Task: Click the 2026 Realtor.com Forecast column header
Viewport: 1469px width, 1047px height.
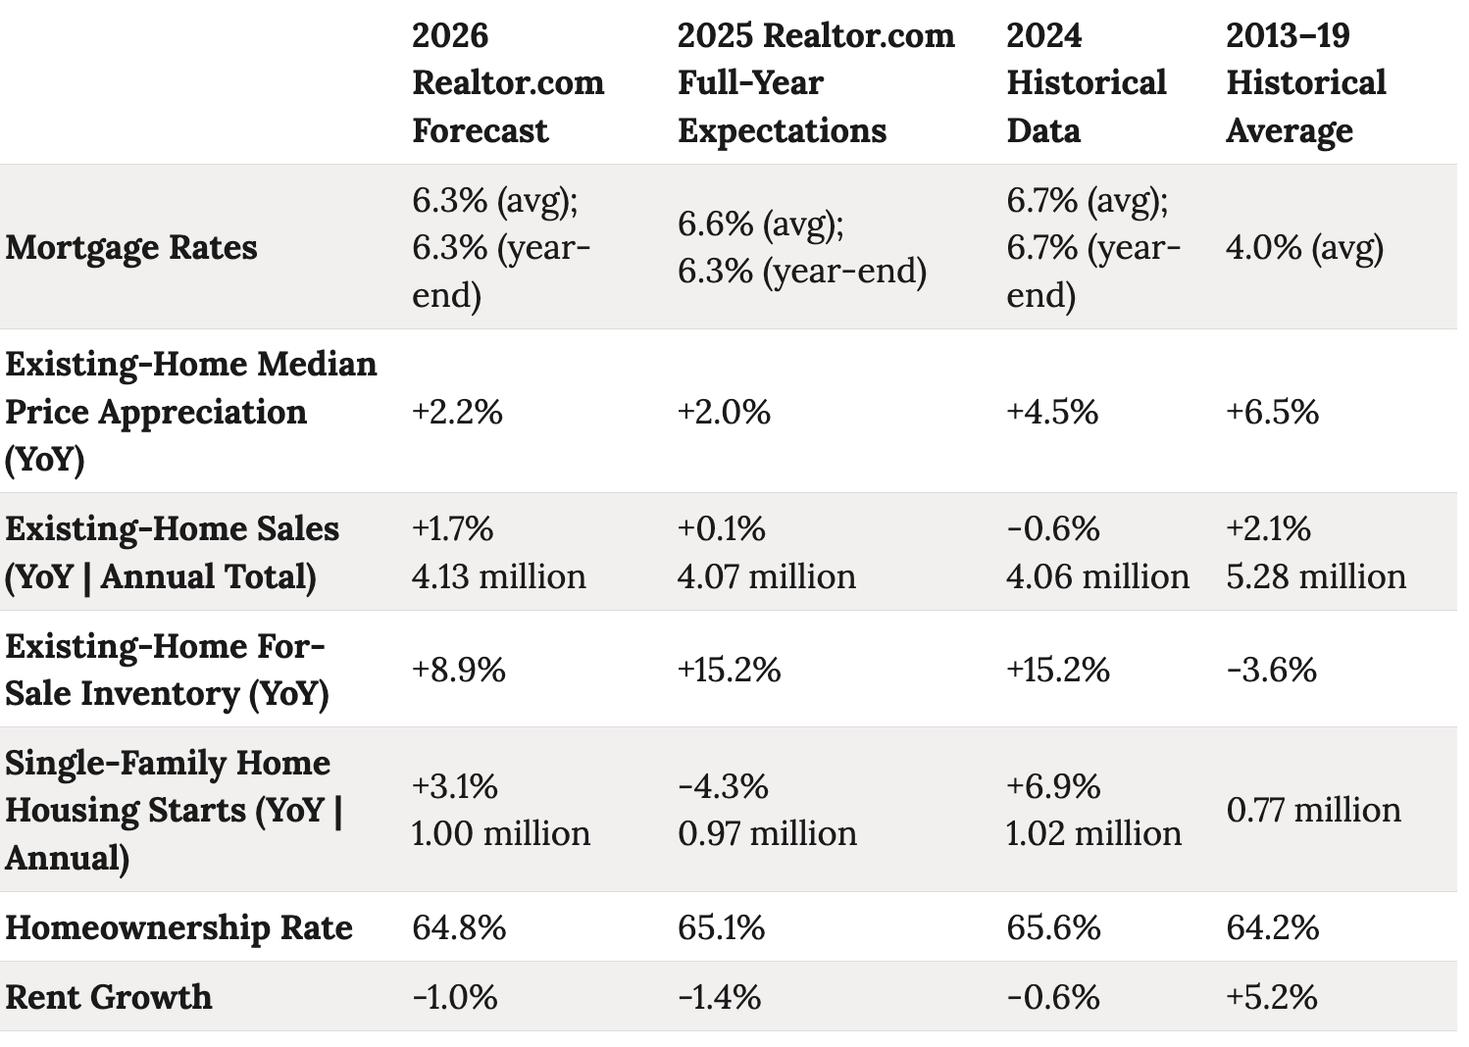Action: (x=508, y=83)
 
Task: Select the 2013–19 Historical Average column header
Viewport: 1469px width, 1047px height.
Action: (x=1305, y=83)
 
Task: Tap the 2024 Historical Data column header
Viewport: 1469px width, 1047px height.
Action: (x=1086, y=83)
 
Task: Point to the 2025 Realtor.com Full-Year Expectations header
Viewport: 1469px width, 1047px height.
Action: (x=815, y=83)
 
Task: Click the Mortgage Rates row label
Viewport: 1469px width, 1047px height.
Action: (x=131, y=247)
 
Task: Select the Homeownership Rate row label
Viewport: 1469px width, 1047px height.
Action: (x=178, y=927)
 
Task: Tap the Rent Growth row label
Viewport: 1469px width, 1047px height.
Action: (x=109, y=997)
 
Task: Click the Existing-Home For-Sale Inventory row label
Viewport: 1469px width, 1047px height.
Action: (x=167, y=670)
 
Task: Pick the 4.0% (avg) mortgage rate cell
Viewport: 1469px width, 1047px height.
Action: (x=1304, y=247)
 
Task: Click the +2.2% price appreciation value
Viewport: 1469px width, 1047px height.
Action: (x=457, y=412)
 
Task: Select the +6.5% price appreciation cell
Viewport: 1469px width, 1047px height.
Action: (x=1272, y=412)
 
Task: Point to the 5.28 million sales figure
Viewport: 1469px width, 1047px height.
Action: (x=1315, y=576)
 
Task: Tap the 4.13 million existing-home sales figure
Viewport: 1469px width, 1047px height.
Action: (x=498, y=576)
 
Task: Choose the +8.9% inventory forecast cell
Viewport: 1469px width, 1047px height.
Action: (x=458, y=670)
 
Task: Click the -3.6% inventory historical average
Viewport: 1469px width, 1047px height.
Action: (x=1271, y=670)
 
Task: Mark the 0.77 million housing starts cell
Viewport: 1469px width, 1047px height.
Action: (x=1313, y=810)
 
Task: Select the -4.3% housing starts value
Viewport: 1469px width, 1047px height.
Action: (x=723, y=786)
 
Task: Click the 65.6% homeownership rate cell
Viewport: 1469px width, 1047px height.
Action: (x=1053, y=927)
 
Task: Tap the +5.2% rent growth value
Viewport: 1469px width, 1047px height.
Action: (x=1271, y=997)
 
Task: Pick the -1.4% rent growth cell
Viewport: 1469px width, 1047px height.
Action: (x=719, y=997)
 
